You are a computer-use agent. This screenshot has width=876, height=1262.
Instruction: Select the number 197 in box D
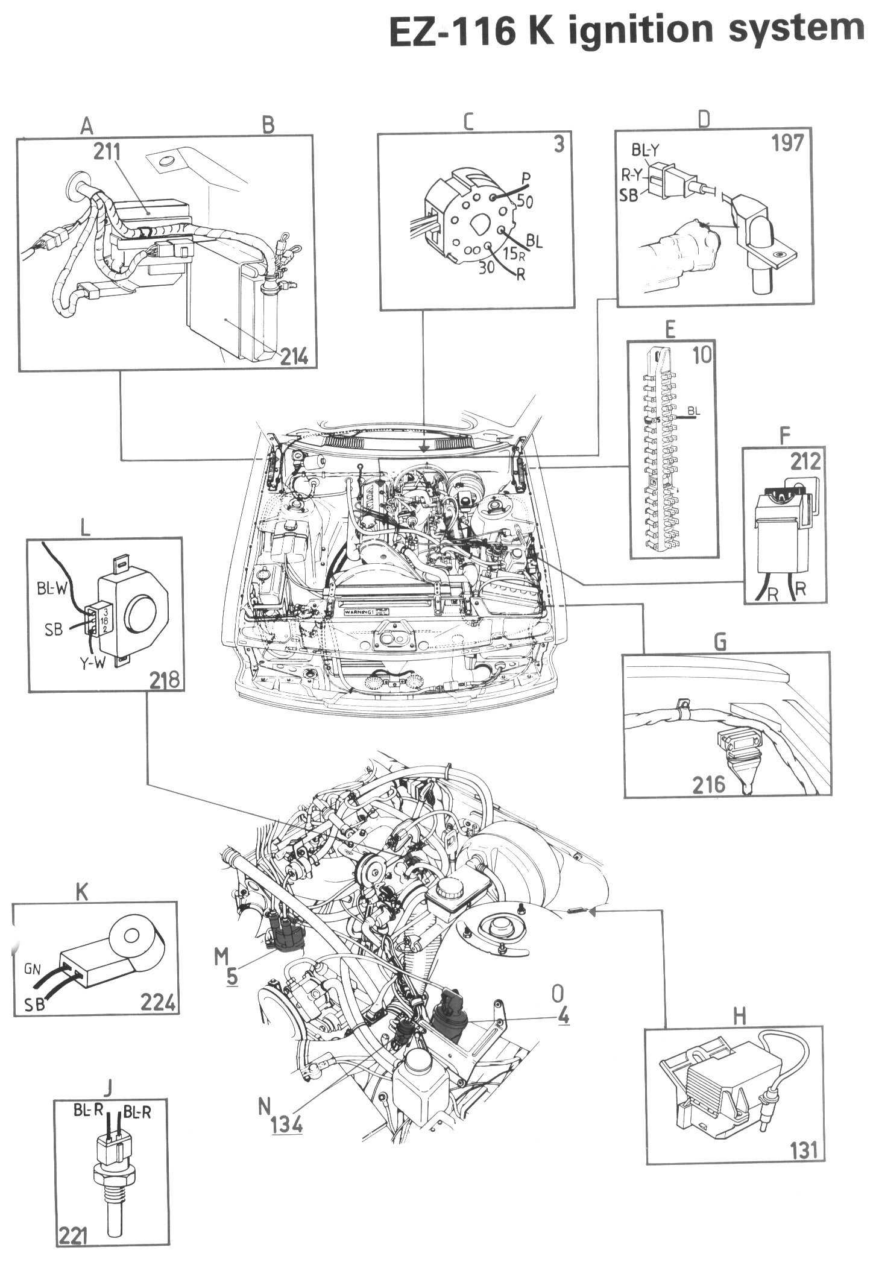pyautogui.click(x=787, y=143)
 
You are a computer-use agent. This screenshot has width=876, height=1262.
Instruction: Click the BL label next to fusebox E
pyautogui.click(x=694, y=411)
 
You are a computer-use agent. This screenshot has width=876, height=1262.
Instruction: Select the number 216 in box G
pyautogui.click(x=708, y=784)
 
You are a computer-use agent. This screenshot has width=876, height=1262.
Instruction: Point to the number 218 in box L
pyautogui.click(x=164, y=680)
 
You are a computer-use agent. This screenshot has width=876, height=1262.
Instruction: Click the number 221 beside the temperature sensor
pyautogui.click(x=73, y=1250)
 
